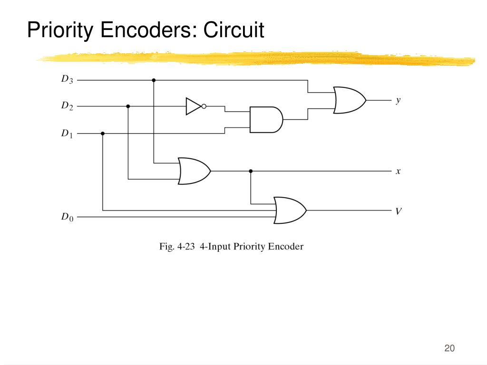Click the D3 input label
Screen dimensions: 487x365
pos(67,79)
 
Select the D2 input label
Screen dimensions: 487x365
pos(67,106)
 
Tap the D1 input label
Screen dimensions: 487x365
pos(67,133)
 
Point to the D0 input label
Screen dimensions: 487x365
pos(67,217)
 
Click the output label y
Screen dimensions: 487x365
pos(398,101)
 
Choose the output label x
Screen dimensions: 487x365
pos(398,171)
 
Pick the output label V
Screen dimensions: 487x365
pos(399,211)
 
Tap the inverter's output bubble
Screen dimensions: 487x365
pos(204,106)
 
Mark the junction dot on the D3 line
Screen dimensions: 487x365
pos(154,80)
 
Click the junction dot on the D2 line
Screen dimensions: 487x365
pos(128,106)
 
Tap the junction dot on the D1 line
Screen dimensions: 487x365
pos(103,134)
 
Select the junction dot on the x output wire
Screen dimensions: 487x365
pos(251,171)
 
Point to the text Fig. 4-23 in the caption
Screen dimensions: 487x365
pos(177,247)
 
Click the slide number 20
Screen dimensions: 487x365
pos(449,348)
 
